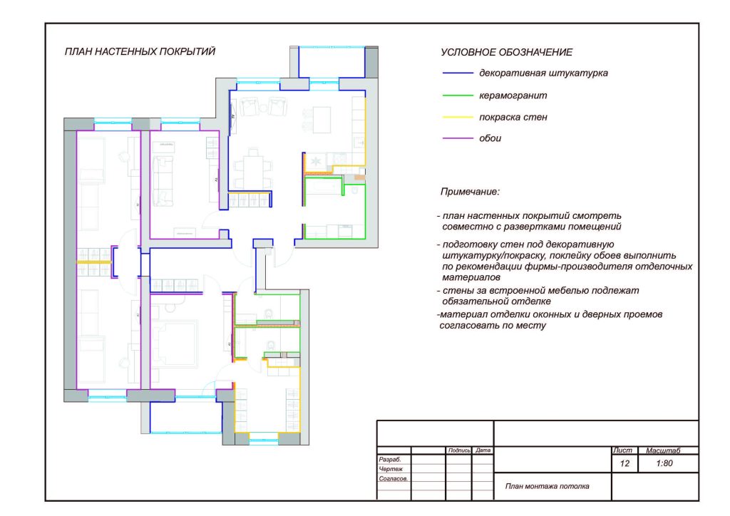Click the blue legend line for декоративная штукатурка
(x=458, y=73)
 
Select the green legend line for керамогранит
(x=458, y=96)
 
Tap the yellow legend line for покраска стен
(x=458, y=118)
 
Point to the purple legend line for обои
(x=458, y=138)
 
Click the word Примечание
(x=470, y=192)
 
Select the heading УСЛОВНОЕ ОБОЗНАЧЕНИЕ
(x=507, y=52)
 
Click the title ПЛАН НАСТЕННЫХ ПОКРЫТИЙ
(x=140, y=51)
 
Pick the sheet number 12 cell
(x=624, y=463)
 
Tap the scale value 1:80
(x=664, y=463)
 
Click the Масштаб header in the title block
(x=663, y=450)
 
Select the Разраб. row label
(x=390, y=460)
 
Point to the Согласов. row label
(x=394, y=479)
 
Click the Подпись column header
(x=459, y=450)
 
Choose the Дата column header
(x=483, y=450)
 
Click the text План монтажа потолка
(x=547, y=486)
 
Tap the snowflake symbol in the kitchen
(x=316, y=162)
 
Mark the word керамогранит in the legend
(x=513, y=96)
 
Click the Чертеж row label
(x=391, y=469)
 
